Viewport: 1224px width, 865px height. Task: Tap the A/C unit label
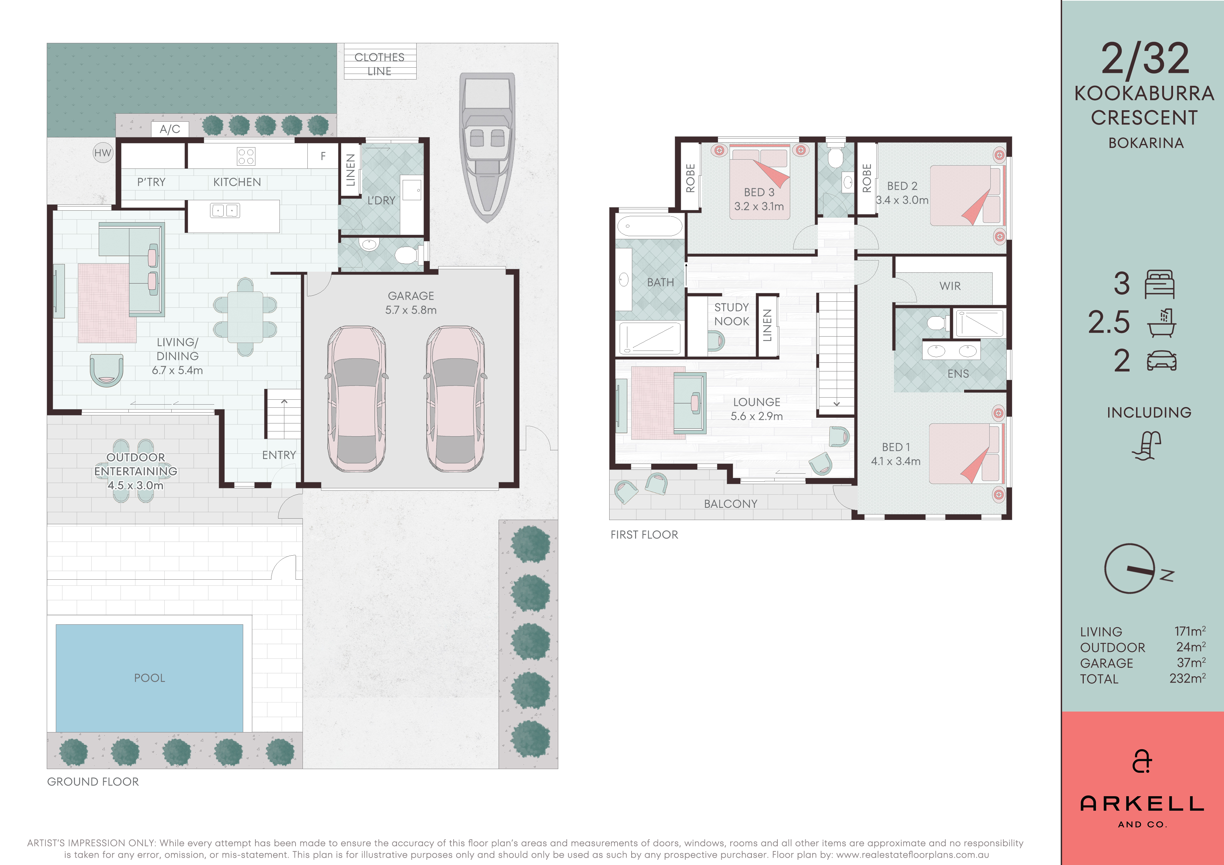[170, 129]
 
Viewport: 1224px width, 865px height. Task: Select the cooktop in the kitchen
[246, 156]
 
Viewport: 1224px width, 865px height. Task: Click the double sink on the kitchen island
[225, 211]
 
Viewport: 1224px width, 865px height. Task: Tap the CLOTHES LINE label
[380, 64]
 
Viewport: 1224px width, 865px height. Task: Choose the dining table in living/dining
[245, 317]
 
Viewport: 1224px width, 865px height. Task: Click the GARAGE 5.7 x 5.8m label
[411, 303]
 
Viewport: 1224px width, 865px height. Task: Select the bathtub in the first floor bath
[650, 226]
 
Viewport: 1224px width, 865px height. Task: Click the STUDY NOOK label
[731, 314]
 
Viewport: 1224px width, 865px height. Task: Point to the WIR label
[950, 286]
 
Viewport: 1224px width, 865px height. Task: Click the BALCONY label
[730, 504]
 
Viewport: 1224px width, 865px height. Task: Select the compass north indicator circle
[1129, 569]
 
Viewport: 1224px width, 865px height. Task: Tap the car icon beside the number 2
[1161, 361]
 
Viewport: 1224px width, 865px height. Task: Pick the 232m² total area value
[1188, 678]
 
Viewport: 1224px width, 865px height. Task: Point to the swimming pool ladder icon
[1147, 445]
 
